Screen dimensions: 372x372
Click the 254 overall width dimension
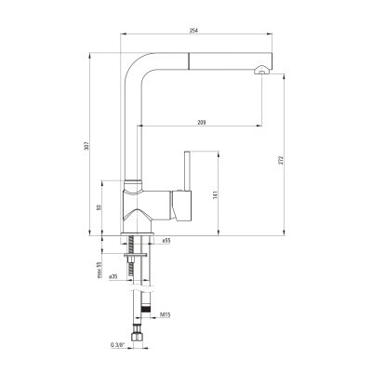pyautogui.click(x=194, y=31)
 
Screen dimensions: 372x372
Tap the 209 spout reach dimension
pyautogui.click(x=202, y=123)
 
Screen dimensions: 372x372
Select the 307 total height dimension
pyautogui.click(x=86, y=146)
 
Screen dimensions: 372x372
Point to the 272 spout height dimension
pyautogui.click(x=281, y=160)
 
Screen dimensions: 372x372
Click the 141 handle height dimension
pyautogui.click(x=216, y=194)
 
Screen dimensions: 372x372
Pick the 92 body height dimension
pyautogui.click(x=99, y=207)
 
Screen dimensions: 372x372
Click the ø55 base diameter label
pyautogui.click(x=166, y=240)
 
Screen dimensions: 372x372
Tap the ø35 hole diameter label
pyautogui.click(x=113, y=277)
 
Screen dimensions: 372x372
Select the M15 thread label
pyautogui.click(x=166, y=315)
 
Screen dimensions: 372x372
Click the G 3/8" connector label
pyautogui.click(x=117, y=345)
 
